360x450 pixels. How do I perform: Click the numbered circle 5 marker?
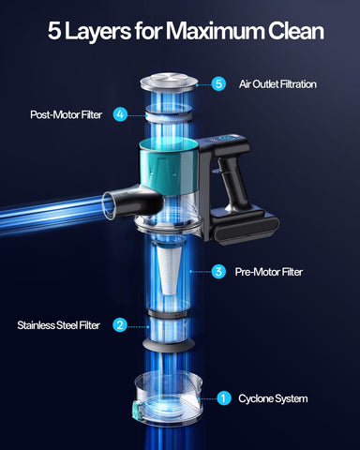coord(218,83)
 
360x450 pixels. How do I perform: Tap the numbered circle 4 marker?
coord(120,114)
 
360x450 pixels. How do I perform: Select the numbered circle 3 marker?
coord(218,272)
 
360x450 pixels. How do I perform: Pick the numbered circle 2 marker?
coord(120,325)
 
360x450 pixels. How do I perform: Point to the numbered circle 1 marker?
coord(223,398)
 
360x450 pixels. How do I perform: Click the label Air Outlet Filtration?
coord(277,83)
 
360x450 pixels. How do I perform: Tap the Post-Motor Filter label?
coord(67,114)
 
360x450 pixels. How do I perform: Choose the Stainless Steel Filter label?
coord(59,325)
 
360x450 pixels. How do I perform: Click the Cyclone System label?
coord(273,398)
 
